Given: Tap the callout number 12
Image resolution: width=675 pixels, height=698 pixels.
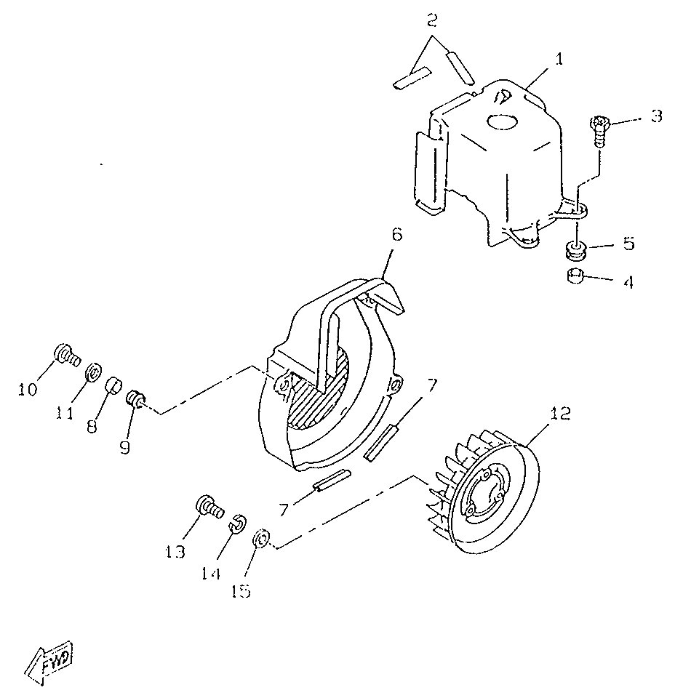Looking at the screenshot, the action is tap(560, 414).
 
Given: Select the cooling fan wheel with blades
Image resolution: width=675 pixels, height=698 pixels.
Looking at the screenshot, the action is tap(484, 492).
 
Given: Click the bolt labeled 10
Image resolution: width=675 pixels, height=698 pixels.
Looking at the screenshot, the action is tap(67, 355).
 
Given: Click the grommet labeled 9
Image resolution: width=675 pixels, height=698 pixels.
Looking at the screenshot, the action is tap(135, 398).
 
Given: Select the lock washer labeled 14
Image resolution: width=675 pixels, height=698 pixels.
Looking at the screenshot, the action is tap(238, 523).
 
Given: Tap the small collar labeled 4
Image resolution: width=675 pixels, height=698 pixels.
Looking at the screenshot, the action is tap(575, 276).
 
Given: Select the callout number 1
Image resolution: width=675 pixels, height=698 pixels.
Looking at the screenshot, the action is tap(559, 59).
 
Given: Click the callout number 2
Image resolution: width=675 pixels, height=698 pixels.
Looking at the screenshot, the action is tap(431, 20).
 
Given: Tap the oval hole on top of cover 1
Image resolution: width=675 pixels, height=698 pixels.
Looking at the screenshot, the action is tap(503, 121).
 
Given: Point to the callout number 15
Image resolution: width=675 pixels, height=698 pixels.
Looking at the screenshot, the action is tap(241, 591).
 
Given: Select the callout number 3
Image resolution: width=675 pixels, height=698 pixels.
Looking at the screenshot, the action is tap(656, 116).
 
